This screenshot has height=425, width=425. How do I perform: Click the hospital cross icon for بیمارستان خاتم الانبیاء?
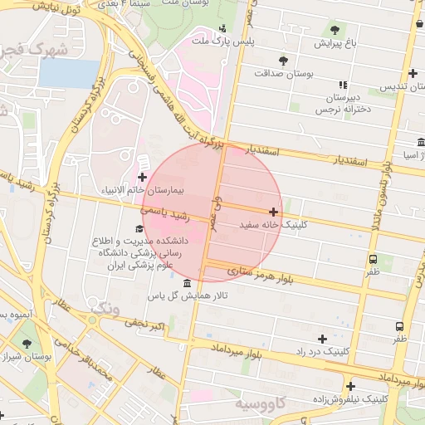pyautogui.click(x=142, y=177)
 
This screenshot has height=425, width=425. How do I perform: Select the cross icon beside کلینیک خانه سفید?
pyautogui.click(x=274, y=212)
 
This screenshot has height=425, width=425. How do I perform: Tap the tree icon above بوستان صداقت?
pyautogui.click(x=283, y=60)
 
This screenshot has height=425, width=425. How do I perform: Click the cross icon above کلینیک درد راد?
pyautogui.click(x=322, y=338)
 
